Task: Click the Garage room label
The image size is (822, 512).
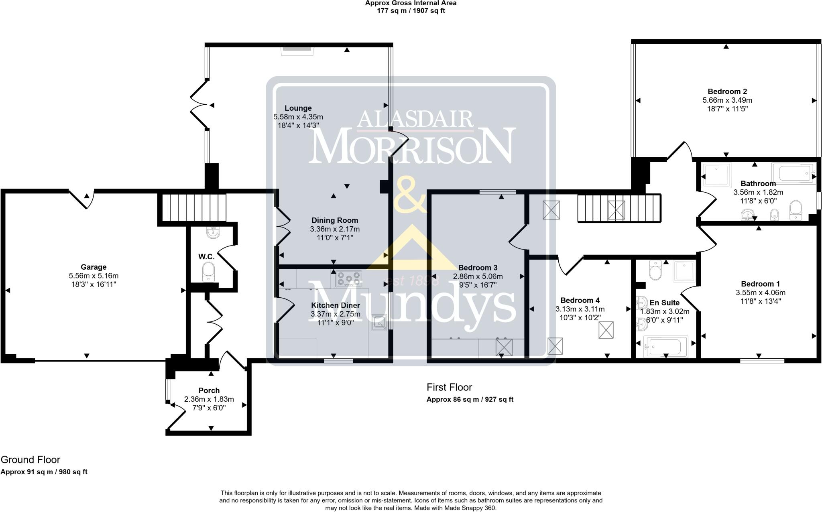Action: click(94, 267)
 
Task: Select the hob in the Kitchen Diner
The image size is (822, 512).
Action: click(348, 278)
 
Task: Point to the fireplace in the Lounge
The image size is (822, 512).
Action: click(297, 49)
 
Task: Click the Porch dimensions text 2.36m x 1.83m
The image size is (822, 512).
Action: click(209, 399)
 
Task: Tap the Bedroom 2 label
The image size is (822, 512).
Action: click(727, 91)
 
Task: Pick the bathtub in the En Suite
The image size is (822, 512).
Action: click(665, 346)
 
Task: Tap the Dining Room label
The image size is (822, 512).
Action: click(335, 220)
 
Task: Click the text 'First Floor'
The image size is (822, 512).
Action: click(449, 387)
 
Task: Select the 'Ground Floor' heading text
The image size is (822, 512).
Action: click(31, 460)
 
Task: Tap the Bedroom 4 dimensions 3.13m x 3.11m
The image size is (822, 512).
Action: click(580, 309)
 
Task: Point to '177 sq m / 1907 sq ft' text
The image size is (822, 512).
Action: click(411, 11)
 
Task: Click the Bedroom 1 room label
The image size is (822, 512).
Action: click(760, 284)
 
